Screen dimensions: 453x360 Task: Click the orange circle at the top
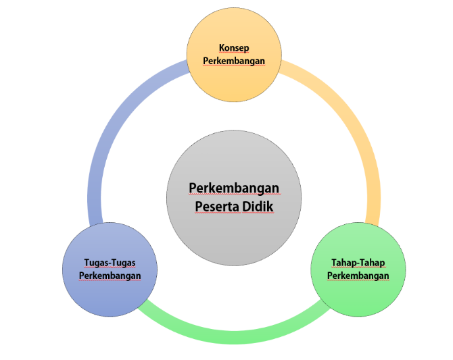(234, 55)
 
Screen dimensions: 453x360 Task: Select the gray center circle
(234, 198)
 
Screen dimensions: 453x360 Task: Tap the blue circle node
(110, 269)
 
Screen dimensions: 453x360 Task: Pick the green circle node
(358, 269)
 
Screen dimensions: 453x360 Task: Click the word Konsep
(234, 48)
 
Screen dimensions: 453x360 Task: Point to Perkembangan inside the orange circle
(234, 61)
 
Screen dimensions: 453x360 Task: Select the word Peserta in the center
(217, 207)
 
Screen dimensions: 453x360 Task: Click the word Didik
(258, 207)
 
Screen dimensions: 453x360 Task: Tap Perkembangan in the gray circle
(234, 188)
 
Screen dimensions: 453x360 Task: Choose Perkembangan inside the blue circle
(110, 276)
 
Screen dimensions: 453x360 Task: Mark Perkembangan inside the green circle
(358, 276)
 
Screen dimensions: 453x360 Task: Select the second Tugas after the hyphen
(124, 263)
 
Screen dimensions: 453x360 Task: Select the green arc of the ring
(234, 337)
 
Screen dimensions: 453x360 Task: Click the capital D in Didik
(246, 207)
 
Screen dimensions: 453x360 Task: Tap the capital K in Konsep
(222, 48)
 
